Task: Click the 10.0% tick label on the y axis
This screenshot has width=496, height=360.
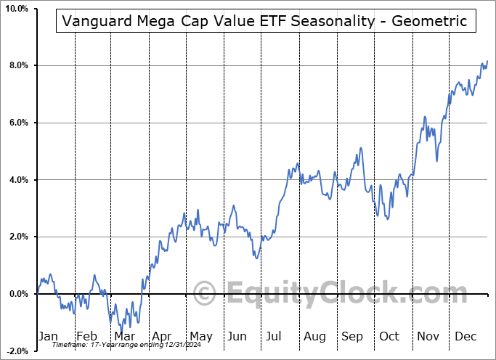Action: [x=15, y=9]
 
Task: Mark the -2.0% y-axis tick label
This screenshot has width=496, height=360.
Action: [x=15, y=351]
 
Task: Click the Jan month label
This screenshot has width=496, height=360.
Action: [x=47, y=337]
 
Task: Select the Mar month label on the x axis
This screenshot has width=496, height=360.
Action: [x=123, y=337]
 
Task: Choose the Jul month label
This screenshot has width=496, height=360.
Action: [x=275, y=337]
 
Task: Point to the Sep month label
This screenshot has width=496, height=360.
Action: [x=352, y=337]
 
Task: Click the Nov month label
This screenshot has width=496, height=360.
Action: [x=428, y=337]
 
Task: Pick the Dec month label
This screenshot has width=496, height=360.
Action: [x=466, y=337]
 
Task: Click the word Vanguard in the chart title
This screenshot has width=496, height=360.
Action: [x=96, y=21]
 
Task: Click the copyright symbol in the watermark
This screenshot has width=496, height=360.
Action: [x=206, y=294]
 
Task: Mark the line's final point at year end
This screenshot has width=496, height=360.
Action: [x=487, y=61]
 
